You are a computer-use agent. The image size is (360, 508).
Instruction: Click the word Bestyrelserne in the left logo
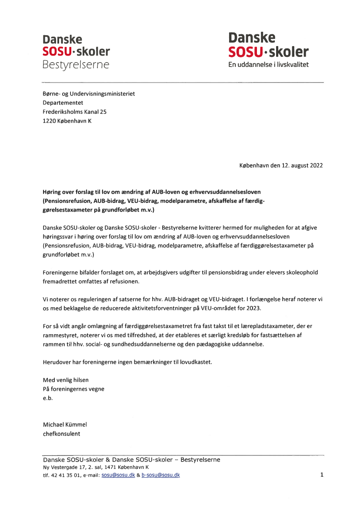(76, 65)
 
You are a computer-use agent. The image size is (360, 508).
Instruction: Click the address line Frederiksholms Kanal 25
(74, 112)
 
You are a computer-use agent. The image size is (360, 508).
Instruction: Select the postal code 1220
(49, 121)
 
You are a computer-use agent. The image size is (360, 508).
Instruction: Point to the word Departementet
(63, 103)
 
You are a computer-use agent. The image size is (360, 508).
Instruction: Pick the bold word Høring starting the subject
(53, 191)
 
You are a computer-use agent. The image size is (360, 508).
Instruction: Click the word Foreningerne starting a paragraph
(60, 272)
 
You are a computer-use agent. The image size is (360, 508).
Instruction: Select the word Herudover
(57, 362)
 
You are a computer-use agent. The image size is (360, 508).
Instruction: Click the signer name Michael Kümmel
(65, 425)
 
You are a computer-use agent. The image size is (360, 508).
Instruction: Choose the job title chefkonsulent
(61, 434)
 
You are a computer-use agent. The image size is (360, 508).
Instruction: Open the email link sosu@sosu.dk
(118, 475)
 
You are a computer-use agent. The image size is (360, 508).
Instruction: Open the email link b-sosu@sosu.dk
(160, 475)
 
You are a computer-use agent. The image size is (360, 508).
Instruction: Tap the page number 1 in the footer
(322, 475)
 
